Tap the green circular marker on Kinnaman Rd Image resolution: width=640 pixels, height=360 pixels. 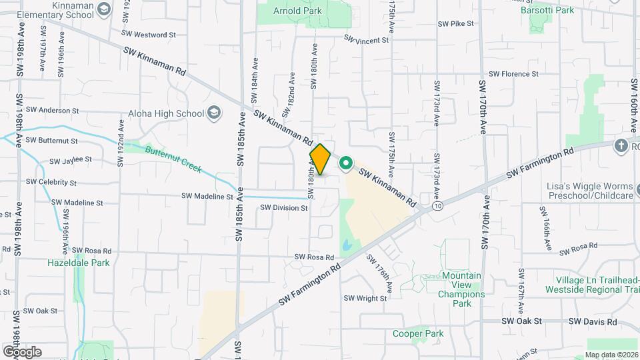click(x=346, y=163)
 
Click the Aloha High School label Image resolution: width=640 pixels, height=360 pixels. click(x=171, y=113)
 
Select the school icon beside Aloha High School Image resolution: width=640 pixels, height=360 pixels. click(x=214, y=113)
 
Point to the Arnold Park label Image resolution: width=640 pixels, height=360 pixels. click(x=299, y=11)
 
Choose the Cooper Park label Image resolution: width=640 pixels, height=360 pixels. click(x=418, y=333)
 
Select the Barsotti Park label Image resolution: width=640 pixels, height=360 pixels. click(x=547, y=10)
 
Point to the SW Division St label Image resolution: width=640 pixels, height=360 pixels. click(x=284, y=208)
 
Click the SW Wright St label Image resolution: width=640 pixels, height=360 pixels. click(x=365, y=299)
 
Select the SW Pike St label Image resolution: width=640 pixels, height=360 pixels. click(x=455, y=23)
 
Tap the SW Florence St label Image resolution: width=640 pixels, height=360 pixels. click(x=513, y=74)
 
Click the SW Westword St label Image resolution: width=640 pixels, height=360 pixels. click(x=149, y=34)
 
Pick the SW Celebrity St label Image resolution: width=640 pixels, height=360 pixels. click(x=51, y=182)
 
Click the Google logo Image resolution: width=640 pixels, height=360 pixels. click(x=22, y=351)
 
